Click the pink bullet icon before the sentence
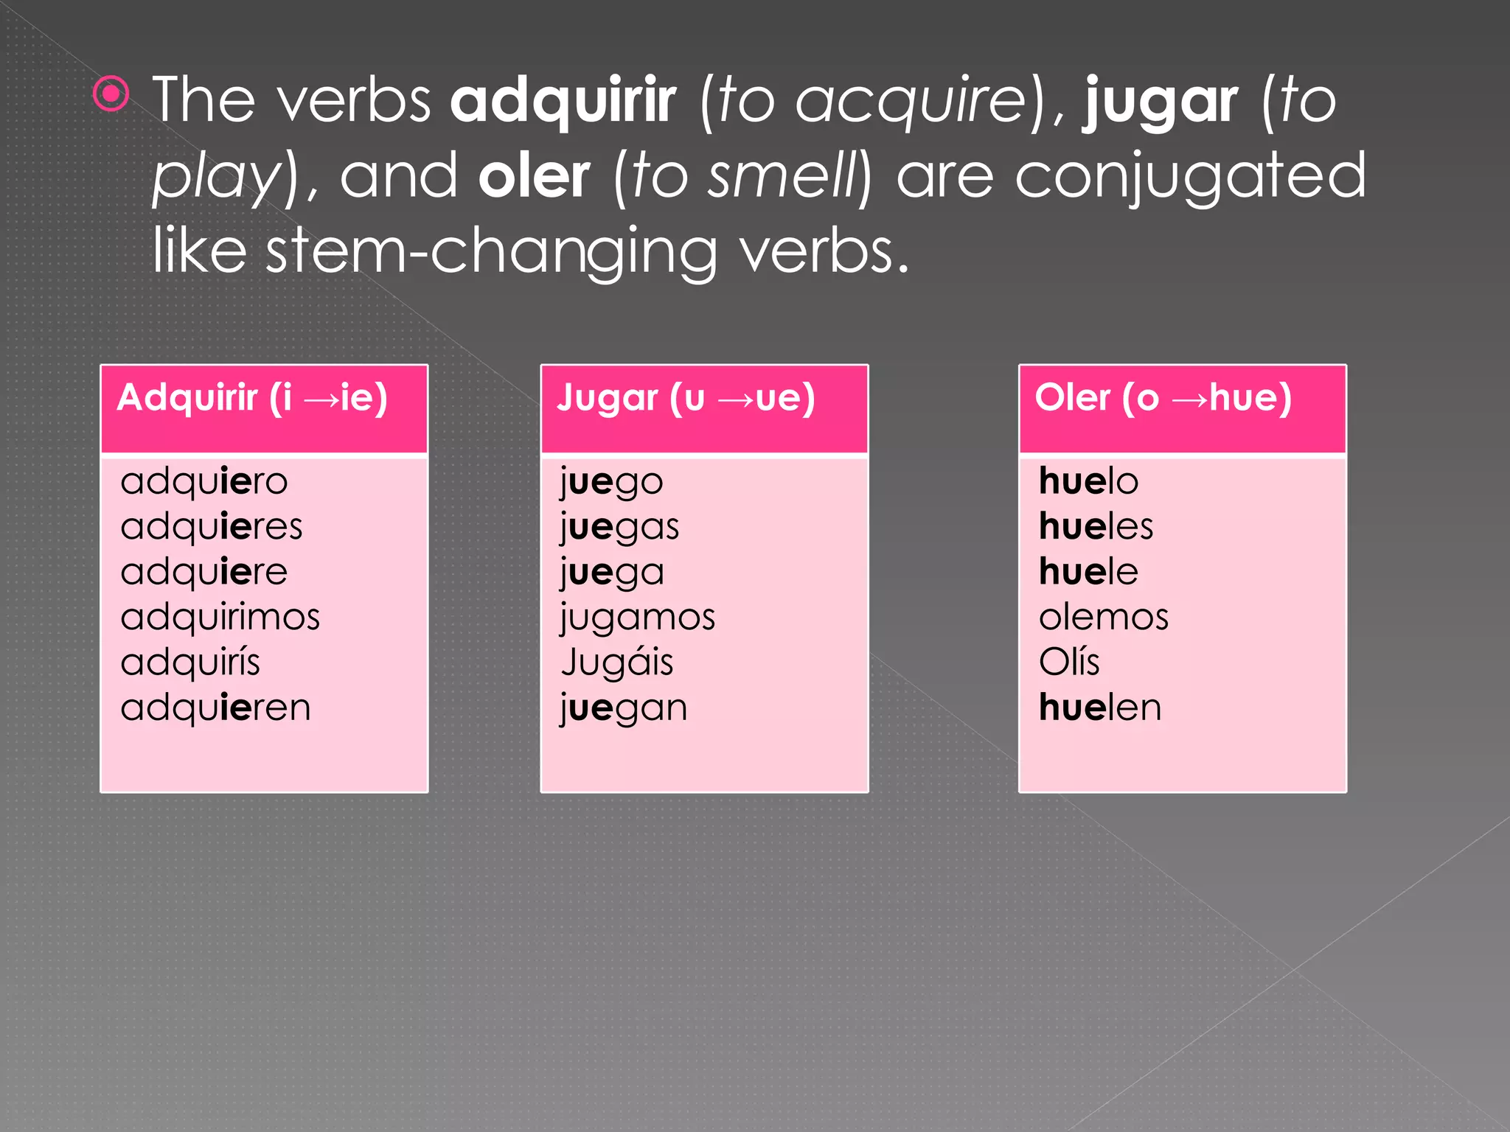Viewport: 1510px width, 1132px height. [x=111, y=94]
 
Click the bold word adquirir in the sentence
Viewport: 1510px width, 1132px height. [x=563, y=100]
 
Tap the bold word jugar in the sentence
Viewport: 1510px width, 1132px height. [x=1160, y=102]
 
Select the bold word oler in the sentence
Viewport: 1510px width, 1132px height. [x=534, y=177]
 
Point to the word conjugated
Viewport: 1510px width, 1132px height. [x=1190, y=177]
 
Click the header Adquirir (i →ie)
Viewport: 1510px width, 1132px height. [x=252, y=398]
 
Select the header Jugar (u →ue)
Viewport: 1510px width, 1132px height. [x=686, y=398]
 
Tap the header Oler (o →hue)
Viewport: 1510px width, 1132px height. [x=1163, y=398]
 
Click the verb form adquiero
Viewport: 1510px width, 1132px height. [x=204, y=482]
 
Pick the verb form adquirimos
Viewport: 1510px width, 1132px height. [x=220, y=617]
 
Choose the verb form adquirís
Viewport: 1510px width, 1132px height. [x=190, y=662]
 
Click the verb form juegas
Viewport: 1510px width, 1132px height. [x=619, y=527]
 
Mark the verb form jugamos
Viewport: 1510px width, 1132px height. [x=638, y=617]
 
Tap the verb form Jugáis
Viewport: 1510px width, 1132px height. [x=617, y=662]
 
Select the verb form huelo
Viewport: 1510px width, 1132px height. [x=1088, y=482]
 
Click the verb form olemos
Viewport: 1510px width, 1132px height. [x=1103, y=617]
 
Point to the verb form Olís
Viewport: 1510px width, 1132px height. [x=1069, y=662]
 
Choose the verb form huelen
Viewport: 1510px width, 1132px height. [x=1100, y=707]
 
